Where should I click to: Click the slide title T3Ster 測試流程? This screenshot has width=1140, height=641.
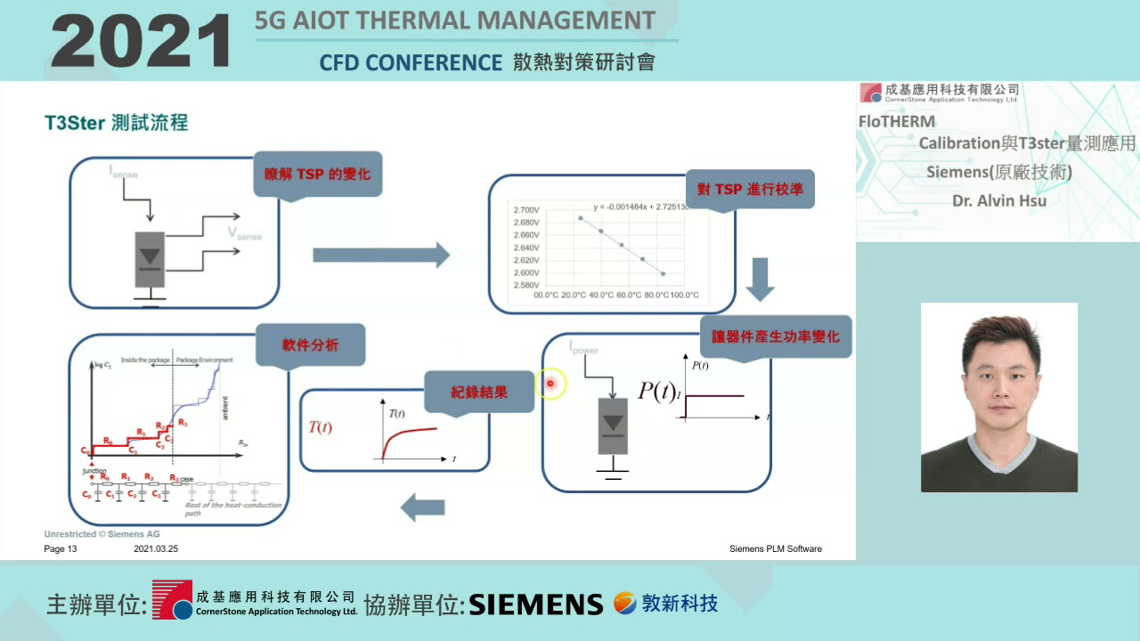(116, 123)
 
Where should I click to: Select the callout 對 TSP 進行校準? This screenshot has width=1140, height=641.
(749, 189)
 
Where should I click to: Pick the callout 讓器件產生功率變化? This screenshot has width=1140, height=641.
(775, 337)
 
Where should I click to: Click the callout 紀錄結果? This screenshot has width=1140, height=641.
(479, 392)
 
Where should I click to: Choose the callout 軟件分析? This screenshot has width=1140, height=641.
(310, 345)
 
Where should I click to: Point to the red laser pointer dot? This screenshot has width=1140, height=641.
(550, 384)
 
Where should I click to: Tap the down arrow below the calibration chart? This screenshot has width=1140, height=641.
(760, 280)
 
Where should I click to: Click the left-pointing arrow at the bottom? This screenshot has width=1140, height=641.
(422, 507)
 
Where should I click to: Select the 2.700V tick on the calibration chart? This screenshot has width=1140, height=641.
(525, 210)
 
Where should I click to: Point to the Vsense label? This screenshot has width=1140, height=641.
(244, 233)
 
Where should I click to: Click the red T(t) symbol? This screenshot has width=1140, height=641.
(320, 427)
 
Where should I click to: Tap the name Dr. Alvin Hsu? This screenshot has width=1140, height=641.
(998, 201)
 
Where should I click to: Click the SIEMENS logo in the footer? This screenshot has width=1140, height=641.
(535, 604)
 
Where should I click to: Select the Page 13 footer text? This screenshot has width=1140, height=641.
(61, 549)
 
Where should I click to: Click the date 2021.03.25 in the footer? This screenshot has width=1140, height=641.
(156, 549)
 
